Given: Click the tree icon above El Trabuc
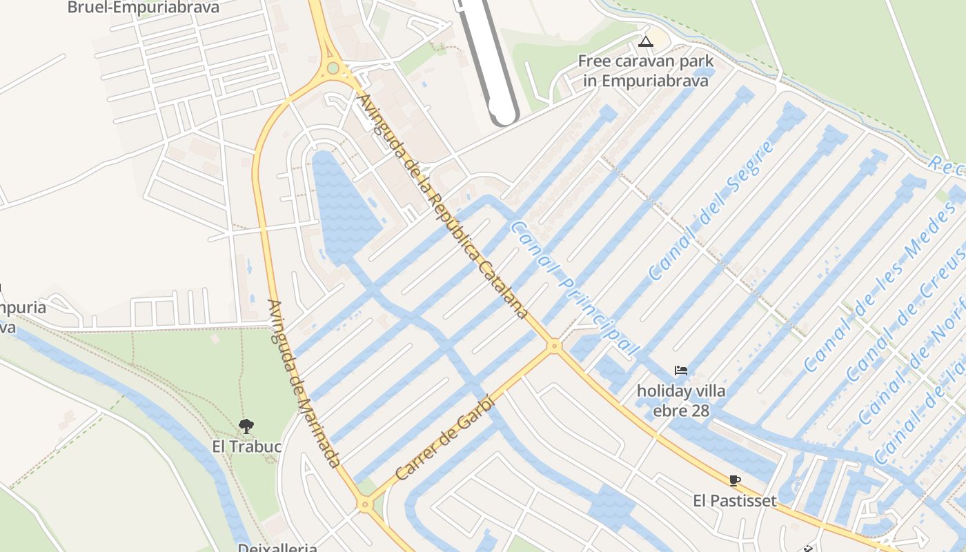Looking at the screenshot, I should click(x=246, y=426).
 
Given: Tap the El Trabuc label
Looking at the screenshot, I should click(x=246, y=446).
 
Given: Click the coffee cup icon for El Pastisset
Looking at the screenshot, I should click(x=734, y=480).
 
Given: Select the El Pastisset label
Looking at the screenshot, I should click(x=735, y=500).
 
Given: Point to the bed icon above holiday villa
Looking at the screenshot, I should click(x=681, y=371).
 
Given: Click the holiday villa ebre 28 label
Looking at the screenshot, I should click(x=681, y=401).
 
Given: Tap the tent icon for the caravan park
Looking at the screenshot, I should click(x=645, y=41).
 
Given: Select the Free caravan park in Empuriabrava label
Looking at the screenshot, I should click(x=645, y=71).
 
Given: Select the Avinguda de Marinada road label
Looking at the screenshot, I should click(x=304, y=383).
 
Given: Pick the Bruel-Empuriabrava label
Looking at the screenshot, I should click(x=144, y=8).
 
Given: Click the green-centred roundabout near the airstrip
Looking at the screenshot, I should click(x=333, y=68).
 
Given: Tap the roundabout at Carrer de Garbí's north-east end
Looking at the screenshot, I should click(x=553, y=346).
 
